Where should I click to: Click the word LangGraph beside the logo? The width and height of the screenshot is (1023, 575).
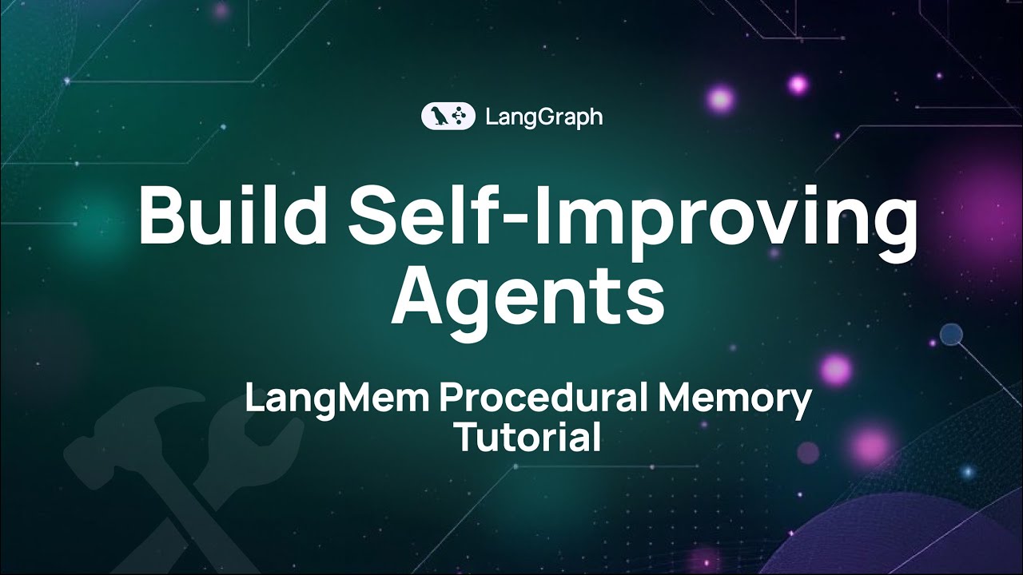[544, 117]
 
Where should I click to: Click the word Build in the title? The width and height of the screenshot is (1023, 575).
[236, 217]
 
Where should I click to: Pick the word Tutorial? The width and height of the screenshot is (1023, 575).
[527, 437]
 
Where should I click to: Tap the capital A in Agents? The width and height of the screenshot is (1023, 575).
[420, 293]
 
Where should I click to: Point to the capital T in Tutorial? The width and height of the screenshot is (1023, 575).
[465, 437]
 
